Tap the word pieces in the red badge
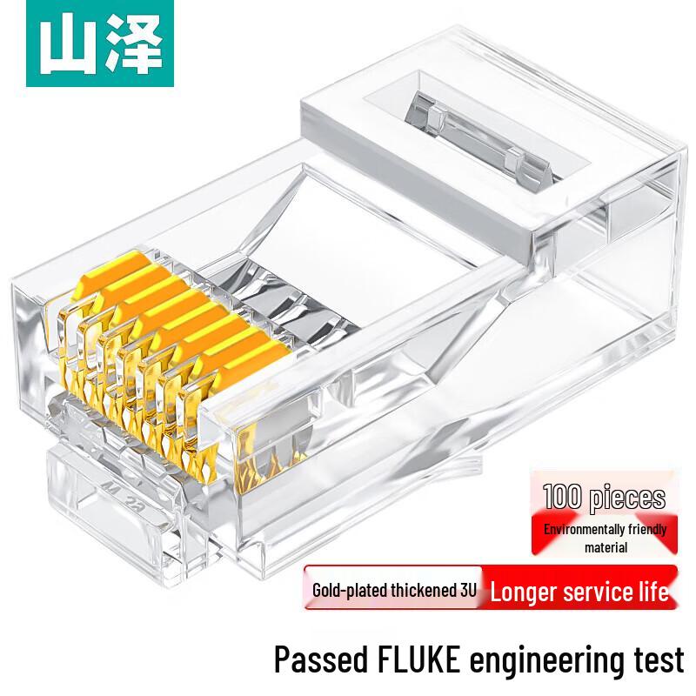pos(628,499)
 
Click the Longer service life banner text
pos(579,593)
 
